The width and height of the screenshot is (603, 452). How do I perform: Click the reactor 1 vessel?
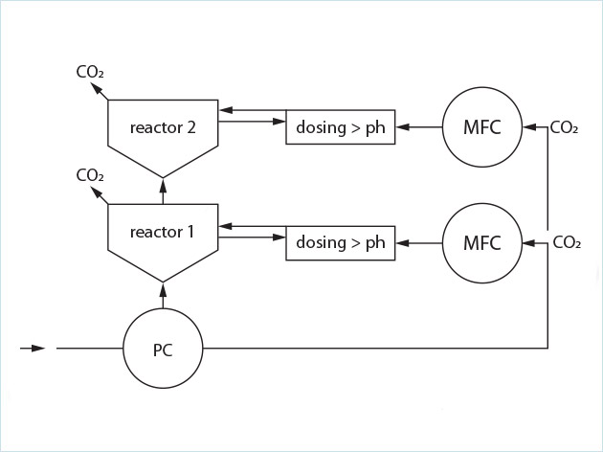point(163,239)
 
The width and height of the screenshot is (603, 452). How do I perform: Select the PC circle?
point(163,350)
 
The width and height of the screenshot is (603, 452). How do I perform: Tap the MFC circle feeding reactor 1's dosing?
point(481,242)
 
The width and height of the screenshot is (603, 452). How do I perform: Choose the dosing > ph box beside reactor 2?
point(341,128)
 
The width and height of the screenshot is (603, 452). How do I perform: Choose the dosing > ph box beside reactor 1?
point(341,242)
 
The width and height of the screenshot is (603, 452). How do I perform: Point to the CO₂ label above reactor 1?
point(89,175)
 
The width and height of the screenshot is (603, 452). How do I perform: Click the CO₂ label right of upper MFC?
point(563,128)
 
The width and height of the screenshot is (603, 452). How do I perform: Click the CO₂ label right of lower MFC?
point(566,242)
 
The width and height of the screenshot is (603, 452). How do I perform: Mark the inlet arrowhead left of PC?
point(37,349)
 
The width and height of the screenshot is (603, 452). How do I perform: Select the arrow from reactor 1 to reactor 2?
point(163,189)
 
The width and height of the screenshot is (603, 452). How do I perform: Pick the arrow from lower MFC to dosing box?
point(418,242)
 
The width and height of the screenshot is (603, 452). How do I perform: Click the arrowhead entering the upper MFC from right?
point(528,128)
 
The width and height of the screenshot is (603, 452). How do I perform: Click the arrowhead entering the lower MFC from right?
point(528,242)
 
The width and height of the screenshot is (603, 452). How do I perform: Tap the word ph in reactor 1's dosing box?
point(374,243)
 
